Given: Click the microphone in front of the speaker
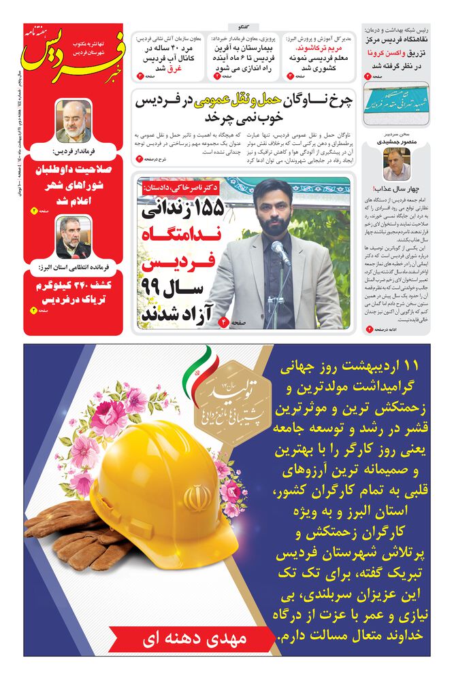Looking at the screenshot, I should (280, 253).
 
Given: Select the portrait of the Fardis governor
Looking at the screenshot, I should (73, 120).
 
